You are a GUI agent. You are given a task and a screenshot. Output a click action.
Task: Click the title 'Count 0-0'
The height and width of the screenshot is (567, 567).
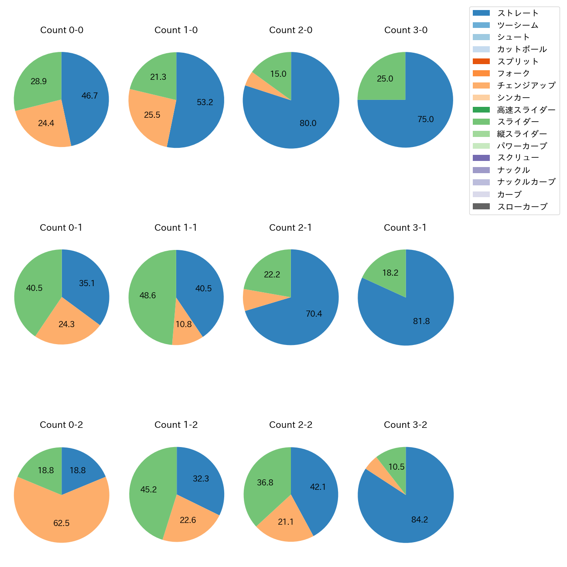(61, 30)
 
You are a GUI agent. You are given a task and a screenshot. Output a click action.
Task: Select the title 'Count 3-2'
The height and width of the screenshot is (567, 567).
(405, 425)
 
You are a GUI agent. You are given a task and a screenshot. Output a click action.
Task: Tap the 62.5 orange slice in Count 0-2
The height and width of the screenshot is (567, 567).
(61, 519)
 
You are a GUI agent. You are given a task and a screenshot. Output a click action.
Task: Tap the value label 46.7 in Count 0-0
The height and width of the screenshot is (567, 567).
(90, 96)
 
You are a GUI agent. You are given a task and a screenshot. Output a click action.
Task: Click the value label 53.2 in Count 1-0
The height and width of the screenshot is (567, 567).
(205, 102)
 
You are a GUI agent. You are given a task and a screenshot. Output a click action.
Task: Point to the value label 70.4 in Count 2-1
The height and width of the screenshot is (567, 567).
(314, 314)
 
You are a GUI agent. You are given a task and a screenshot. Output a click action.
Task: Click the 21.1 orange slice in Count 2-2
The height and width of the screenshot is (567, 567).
(286, 521)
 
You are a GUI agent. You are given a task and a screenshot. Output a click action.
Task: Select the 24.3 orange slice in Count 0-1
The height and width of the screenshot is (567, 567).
(67, 324)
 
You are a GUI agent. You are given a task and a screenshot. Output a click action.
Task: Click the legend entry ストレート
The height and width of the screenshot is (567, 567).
(518, 13)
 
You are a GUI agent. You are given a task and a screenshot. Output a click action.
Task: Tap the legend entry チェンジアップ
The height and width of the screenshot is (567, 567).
(526, 85)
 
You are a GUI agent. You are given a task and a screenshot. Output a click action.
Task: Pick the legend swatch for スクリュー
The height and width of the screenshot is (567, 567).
(481, 158)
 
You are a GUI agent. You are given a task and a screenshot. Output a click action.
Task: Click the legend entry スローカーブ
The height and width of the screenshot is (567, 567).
(522, 207)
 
